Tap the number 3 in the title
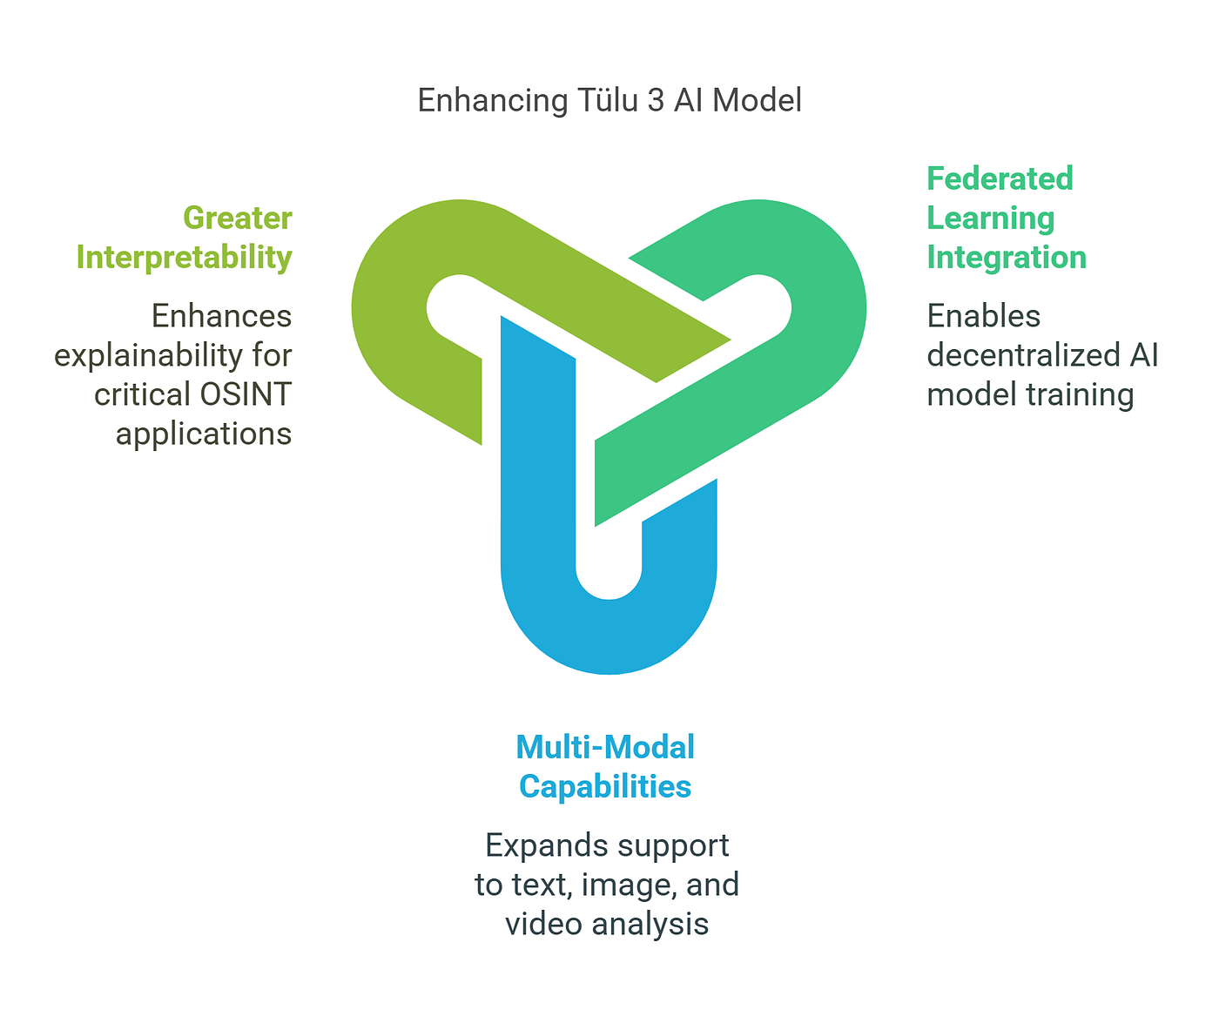tap(654, 100)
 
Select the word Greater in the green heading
tap(237, 218)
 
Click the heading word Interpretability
tap(184, 257)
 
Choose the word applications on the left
tap(204, 434)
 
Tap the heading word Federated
tap(999, 178)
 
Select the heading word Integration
tap(1006, 257)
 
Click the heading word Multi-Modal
tap(605, 747)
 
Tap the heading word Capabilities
tap(605, 786)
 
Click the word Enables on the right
tap(983, 315)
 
